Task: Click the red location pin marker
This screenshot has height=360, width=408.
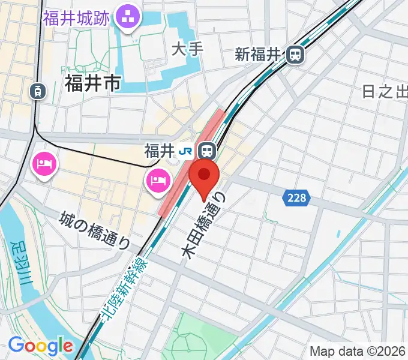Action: (204, 176)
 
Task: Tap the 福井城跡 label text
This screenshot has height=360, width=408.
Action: (76, 17)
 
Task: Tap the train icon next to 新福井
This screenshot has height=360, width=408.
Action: (295, 55)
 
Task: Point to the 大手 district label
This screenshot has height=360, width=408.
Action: (187, 49)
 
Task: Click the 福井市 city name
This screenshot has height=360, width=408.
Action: (92, 83)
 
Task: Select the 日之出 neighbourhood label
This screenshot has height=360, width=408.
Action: (385, 92)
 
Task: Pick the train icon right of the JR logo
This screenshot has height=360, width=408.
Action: (207, 149)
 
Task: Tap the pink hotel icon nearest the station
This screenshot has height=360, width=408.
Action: (157, 179)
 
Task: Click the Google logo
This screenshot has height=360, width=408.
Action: (40, 346)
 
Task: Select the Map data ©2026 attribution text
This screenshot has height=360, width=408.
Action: (357, 351)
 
